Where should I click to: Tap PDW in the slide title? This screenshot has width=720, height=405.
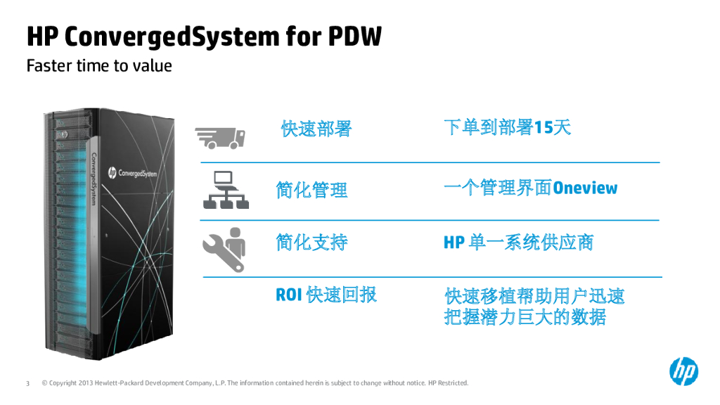pyautogui.click(x=355, y=36)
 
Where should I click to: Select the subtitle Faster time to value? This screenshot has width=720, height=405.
pyautogui.click(x=99, y=66)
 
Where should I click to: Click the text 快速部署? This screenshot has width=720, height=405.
pyautogui.click(x=316, y=129)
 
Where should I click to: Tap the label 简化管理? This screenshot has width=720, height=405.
pyautogui.click(x=311, y=190)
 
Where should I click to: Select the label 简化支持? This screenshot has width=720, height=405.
pyautogui.click(x=311, y=243)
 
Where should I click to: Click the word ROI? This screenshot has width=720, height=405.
pyautogui.click(x=288, y=295)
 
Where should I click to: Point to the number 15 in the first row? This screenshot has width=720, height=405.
pyautogui.click(x=544, y=127)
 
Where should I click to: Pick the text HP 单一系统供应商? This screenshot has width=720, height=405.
pyautogui.click(x=518, y=243)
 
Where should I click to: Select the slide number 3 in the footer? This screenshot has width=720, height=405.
pyautogui.click(x=27, y=383)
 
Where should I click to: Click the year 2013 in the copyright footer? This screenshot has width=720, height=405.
pyautogui.click(x=85, y=383)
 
